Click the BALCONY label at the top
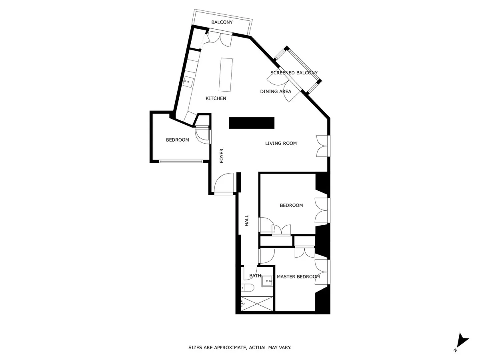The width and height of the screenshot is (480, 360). tap(222, 22)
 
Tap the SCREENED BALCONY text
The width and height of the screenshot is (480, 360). tap(294, 73)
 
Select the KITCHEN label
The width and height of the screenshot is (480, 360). tap(216, 98)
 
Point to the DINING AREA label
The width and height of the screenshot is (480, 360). tap(276, 92)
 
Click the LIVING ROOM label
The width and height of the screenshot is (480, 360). tap(281, 143)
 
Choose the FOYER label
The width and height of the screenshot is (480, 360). tap(222, 156)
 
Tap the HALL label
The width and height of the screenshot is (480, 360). tap(247, 220)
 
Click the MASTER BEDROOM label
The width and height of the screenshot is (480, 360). tap(298, 277)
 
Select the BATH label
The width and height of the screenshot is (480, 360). tap(255, 276)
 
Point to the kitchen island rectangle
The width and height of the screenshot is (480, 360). tap(226, 74)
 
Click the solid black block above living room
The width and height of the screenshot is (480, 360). tap(252, 123)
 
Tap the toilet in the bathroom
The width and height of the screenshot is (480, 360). tap(247, 288)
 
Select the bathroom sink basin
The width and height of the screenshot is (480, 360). tap(267, 281)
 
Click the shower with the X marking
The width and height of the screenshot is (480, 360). tap(257, 303)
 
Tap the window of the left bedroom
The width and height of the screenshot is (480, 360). tap(181, 162)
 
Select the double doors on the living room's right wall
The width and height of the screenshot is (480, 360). tap(323, 146)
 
